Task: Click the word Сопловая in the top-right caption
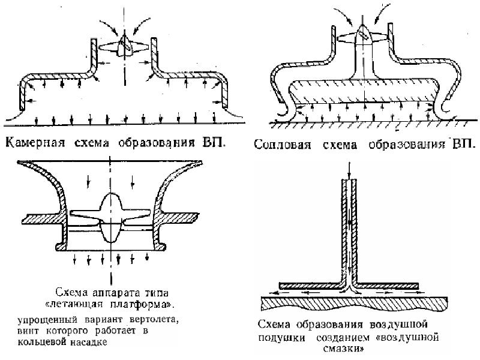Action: [278, 145]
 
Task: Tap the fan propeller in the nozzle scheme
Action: [361, 36]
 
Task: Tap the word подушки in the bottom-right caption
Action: [278, 337]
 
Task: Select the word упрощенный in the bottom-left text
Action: [37, 319]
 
